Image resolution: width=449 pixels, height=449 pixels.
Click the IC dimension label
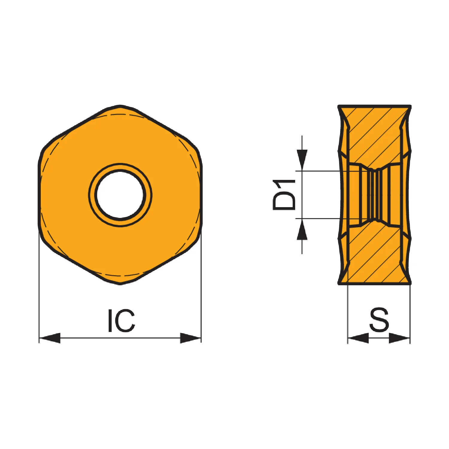pos(121,321)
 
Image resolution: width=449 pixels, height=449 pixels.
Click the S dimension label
pos(379,320)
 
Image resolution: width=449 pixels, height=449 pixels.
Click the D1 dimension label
pos(284,195)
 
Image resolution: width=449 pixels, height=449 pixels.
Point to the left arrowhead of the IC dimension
pos(50,338)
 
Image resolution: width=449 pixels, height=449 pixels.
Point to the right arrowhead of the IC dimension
pos(191,338)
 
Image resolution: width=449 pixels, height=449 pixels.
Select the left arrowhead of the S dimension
pos(358,338)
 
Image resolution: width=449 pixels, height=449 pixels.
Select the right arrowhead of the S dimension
pos(399,338)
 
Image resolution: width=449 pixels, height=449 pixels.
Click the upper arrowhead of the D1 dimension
pos(302,160)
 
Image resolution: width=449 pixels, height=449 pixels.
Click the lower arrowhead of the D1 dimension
pos(302,229)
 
